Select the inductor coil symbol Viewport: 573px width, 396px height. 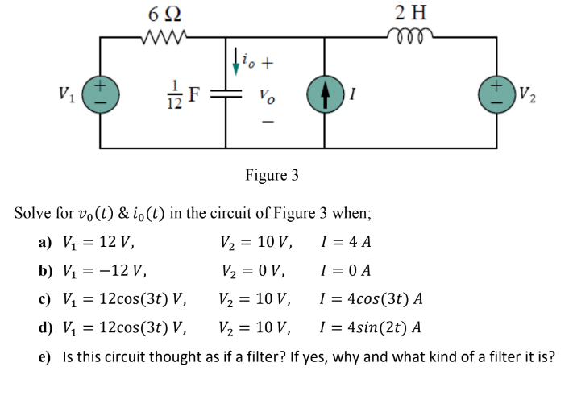(x=413, y=35)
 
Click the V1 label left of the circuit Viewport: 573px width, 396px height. (x=69, y=91)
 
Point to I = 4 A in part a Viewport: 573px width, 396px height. (x=346, y=240)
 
